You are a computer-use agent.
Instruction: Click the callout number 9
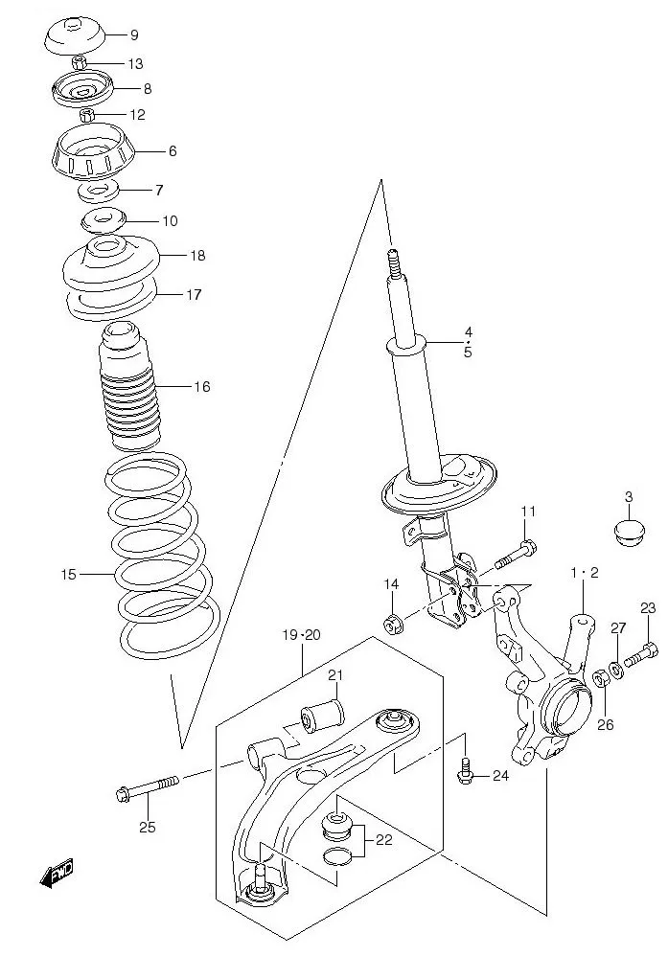point(134,35)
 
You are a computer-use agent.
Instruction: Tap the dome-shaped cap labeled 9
point(75,36)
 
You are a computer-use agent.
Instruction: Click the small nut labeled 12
point(86,115)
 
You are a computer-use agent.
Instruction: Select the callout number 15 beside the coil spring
point(68,575)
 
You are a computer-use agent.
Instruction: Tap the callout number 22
point(383,840)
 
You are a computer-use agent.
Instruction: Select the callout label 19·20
point(302,634)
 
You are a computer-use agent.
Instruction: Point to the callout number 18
point(197,256)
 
